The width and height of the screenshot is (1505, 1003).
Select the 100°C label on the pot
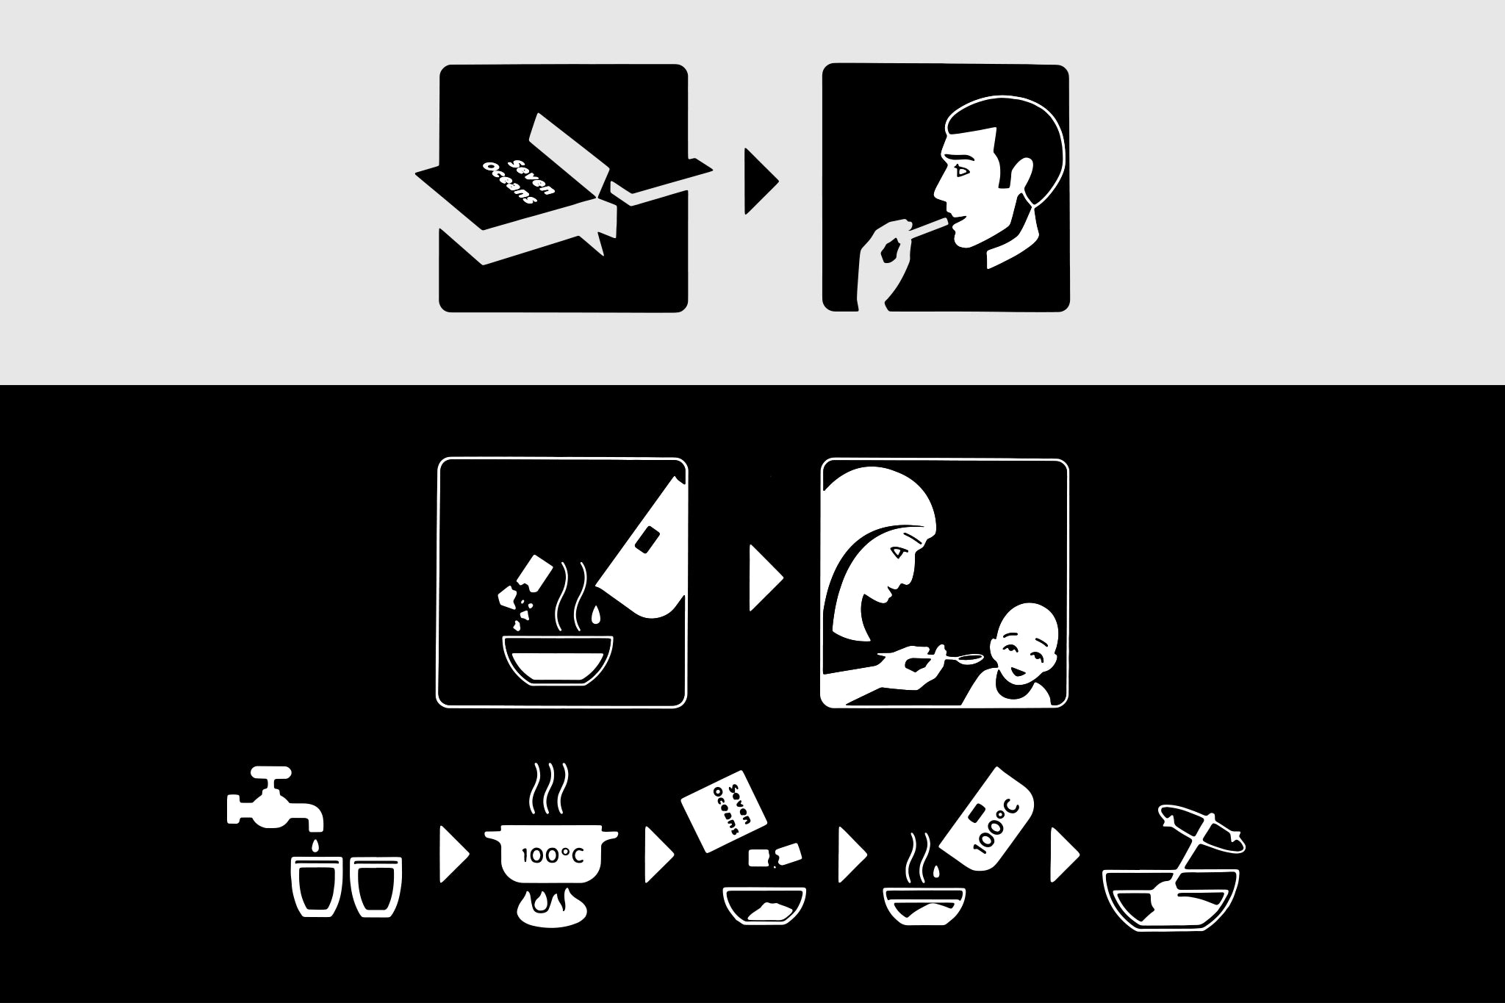click(x=552, y=855)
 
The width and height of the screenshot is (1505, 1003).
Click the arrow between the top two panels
click(x=761, y=181)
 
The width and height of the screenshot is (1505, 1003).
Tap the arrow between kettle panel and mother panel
click(x=766, y=578)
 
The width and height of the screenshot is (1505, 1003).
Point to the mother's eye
click(x=896, y=551)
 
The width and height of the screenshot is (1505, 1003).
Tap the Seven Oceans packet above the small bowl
click(x=725, y=811)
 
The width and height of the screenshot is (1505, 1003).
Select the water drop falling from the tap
click(x=315, y=845)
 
